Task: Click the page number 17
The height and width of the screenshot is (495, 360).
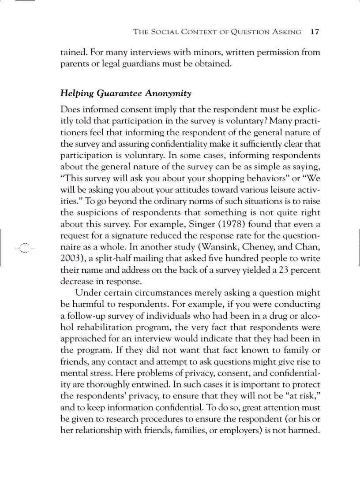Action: pos(315,32)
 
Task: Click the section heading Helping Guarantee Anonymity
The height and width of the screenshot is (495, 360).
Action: pos(126,93)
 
